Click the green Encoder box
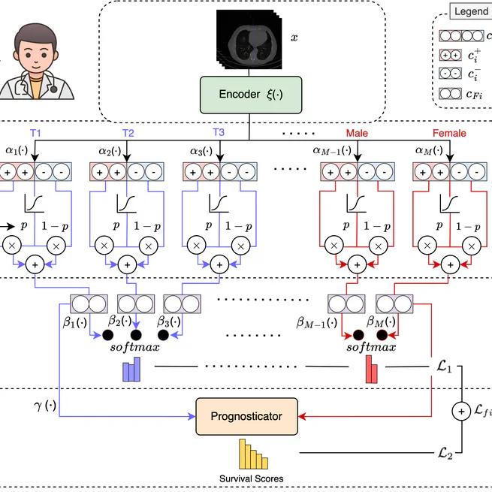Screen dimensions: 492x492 (x=250, y=94)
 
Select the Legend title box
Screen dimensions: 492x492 (x=471, y=12)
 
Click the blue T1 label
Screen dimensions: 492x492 (x=35, y=133)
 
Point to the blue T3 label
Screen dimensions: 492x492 (x=218, y=133)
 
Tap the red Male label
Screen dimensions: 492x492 (x=357, y=133)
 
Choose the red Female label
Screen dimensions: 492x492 (x=449, y=133)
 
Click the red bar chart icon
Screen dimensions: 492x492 (x=372, y=370)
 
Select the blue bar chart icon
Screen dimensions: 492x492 (x=131, y=370)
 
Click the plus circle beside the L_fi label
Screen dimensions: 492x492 (x=459, y=411)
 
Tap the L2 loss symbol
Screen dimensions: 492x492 (x=444, y=454)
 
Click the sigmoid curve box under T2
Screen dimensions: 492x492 (x=127, y=204)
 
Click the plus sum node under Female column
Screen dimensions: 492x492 (x=449, y=265)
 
